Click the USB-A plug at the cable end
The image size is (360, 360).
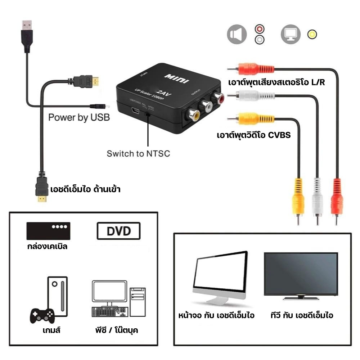[x=26, y=34]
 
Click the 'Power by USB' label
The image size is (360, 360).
[x=79, y=117]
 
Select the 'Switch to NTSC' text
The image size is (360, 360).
[x=138, y=154]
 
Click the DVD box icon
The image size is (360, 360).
[x=118, y=231]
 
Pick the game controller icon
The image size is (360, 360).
[x=41, y=316]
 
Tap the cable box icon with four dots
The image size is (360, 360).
[x=48, y=231]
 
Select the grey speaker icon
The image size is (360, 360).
[x=237, y=35]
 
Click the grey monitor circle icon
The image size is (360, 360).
[x=290, y=35]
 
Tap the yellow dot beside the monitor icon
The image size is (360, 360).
[x=312, y=35]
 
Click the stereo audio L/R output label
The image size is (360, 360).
[x=276, y=82]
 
